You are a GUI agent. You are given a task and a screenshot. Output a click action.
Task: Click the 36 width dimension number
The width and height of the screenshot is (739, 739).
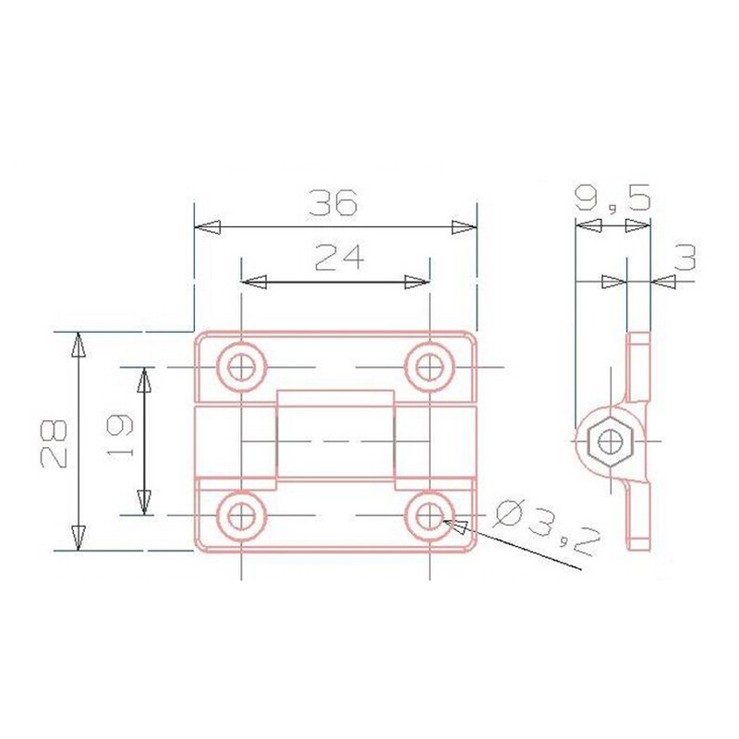tap(333, 202)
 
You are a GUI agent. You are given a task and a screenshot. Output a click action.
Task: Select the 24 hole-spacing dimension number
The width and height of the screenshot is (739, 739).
tap(340, 258)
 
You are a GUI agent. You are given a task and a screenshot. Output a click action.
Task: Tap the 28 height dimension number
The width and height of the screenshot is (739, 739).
tap(54, 443)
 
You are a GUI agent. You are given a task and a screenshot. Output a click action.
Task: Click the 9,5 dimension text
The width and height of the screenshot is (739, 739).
tap(612, 198)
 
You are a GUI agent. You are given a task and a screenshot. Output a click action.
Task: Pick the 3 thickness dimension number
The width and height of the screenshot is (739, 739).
tap(685, 258)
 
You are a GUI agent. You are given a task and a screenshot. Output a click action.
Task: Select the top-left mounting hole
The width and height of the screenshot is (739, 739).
tap(241, 367)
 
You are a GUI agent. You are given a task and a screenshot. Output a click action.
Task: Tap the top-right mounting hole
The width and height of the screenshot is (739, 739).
tap(430, 367)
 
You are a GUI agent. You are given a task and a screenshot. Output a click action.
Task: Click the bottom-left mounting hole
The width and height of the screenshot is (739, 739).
tap(241, 515)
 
